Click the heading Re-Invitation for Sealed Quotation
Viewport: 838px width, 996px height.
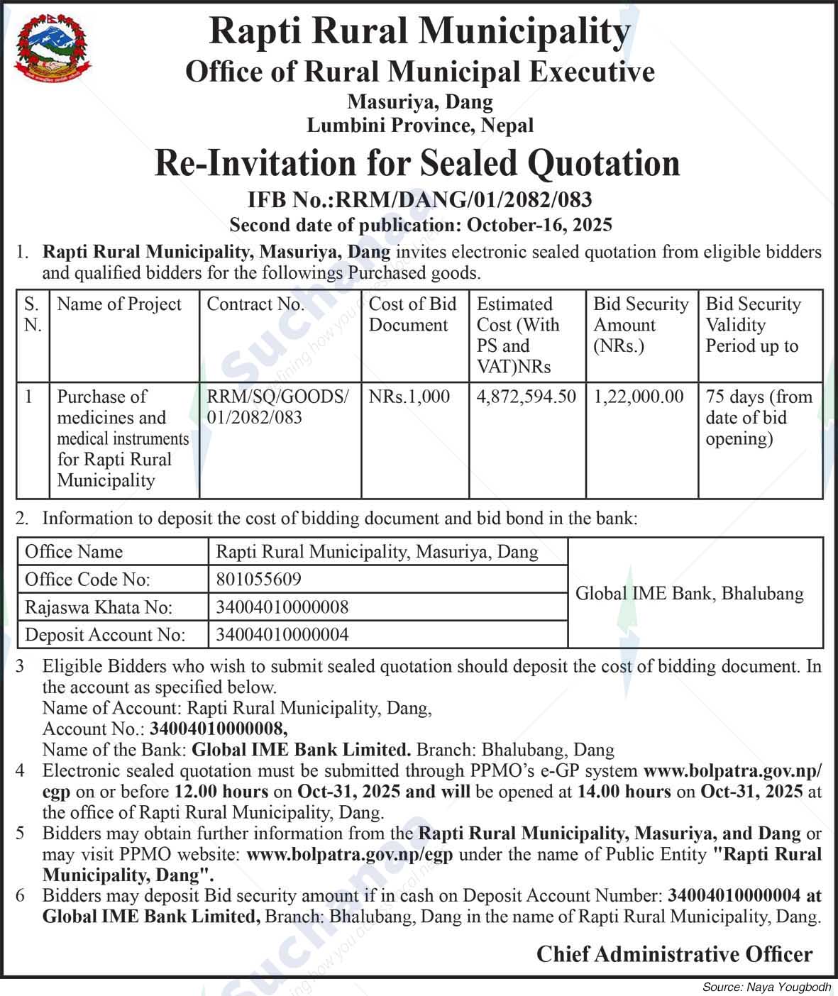coord(417,163)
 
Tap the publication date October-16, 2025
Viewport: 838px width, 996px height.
coord(539,226)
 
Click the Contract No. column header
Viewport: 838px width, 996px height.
coord(255,304)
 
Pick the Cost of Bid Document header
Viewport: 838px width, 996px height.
coord(413,314)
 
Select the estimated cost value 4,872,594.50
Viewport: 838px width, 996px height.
coord(526,397)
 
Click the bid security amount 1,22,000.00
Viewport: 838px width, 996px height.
coord(639,397)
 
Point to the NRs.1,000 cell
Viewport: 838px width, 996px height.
coord(409,397)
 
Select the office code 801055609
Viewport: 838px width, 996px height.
coord(258,580)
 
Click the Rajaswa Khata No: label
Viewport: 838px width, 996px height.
coord(99,607)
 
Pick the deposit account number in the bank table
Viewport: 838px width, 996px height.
coord(282,634)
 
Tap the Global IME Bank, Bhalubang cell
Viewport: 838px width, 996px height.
coord(689,593)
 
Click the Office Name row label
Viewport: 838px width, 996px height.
coord(74,552)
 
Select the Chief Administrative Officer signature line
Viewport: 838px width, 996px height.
coord(674,954)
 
